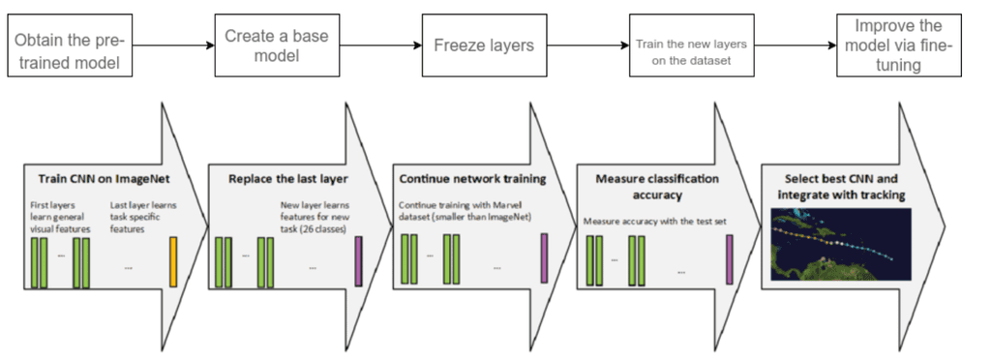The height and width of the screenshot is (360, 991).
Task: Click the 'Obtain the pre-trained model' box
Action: (71, 45)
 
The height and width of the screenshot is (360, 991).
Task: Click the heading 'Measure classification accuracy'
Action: (646, 186)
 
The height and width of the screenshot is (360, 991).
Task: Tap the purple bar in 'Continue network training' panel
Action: (544, 259)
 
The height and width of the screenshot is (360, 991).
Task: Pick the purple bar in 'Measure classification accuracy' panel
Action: (730, 259)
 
